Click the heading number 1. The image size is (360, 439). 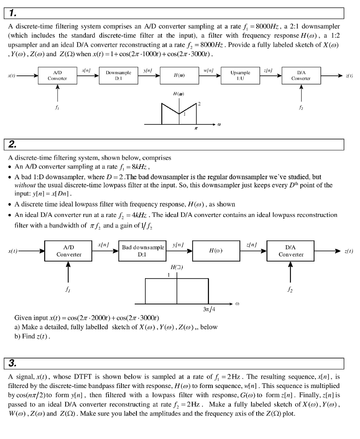(12, 13)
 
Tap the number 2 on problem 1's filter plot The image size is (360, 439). (199, 104)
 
